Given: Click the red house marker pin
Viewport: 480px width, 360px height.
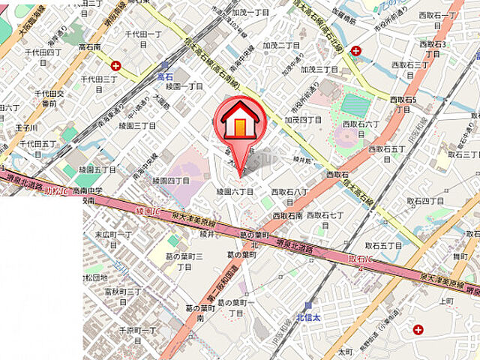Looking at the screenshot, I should pyautogui.click(x=239, y=124).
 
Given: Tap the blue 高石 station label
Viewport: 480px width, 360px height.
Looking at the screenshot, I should pyautogui.click(x=165, y=76).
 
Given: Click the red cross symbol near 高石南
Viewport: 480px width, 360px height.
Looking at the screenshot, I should pyautogui.click(x=115, y=65).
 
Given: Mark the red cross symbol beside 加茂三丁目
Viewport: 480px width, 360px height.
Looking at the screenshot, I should pyautogui.click(x=355, y=50).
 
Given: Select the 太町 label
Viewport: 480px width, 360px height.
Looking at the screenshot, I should pyautogui.click(x=344, y=350).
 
